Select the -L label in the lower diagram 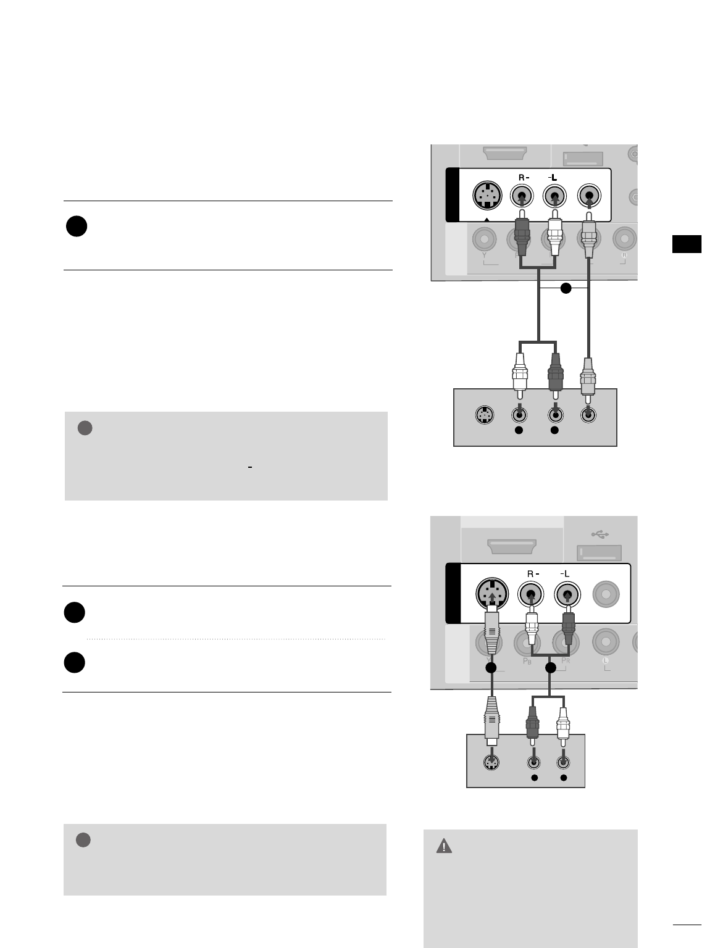tap(564, 573)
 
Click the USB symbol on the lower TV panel tap(600, 533)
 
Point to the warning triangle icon tap(444, 846)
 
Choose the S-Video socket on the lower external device tap(492, 763)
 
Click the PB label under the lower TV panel tap(527, 661)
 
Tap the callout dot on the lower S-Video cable tap(491, 668)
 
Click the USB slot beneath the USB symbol tap(599, 553)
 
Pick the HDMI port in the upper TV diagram tap(505, 152)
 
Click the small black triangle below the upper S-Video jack tap(488, 219)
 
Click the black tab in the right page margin tap(686, 244)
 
